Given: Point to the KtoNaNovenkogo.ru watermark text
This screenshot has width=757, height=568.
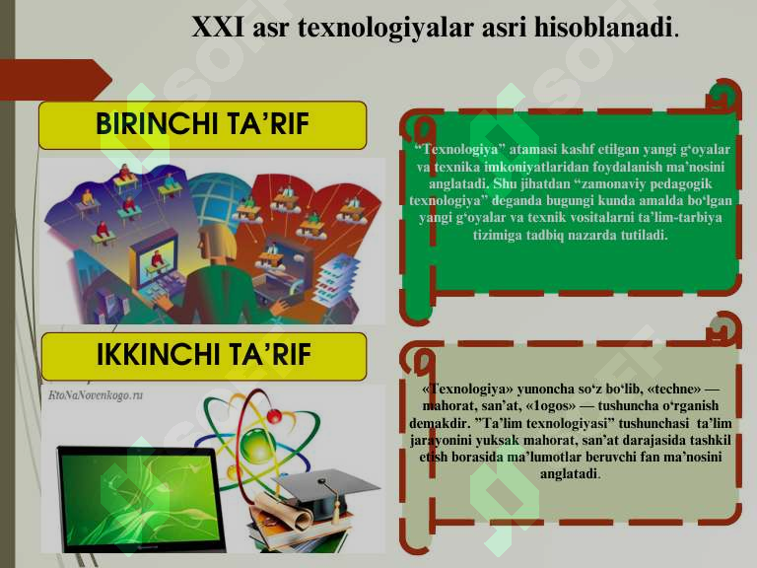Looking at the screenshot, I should (x=96, y=393).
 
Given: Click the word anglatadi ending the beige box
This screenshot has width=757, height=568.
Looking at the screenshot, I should (x=570, y=473).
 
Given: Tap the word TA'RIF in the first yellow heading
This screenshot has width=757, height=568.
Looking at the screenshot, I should (x=267, y=124).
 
